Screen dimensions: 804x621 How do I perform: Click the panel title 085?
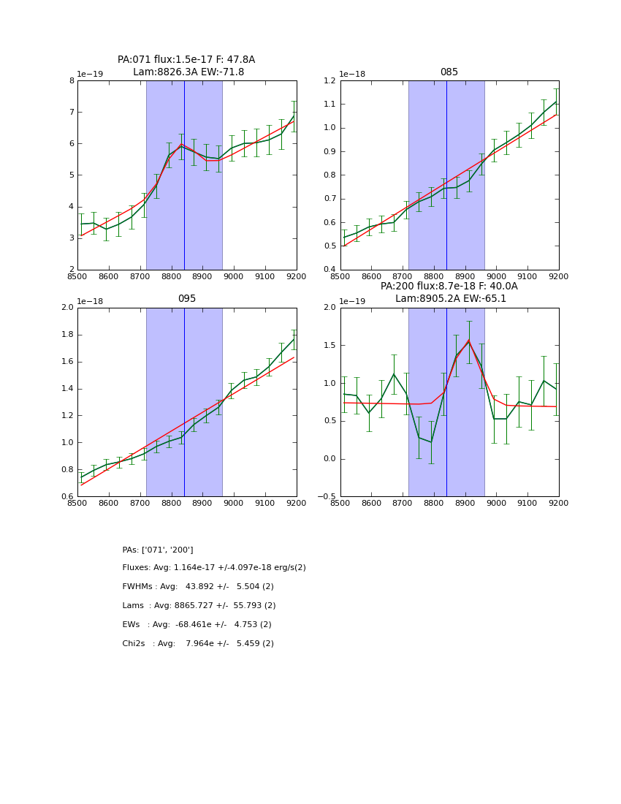449,72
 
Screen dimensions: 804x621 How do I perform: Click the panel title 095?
186,299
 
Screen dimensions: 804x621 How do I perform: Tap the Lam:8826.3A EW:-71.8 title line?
188,72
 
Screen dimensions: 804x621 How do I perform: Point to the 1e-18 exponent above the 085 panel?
353,75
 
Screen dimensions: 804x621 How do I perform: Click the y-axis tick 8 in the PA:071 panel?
72,81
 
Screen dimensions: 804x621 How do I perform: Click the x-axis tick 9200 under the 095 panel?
296,504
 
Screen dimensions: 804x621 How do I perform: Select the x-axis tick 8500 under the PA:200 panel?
340,504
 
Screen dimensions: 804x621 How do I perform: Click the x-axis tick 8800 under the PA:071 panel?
171,276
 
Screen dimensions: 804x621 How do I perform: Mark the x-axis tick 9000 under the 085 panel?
496,276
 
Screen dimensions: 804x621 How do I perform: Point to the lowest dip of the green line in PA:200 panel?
431,441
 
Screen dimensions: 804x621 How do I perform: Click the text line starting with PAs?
158,550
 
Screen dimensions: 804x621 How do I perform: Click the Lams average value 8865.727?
202,606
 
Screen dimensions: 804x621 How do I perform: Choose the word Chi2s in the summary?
135,644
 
